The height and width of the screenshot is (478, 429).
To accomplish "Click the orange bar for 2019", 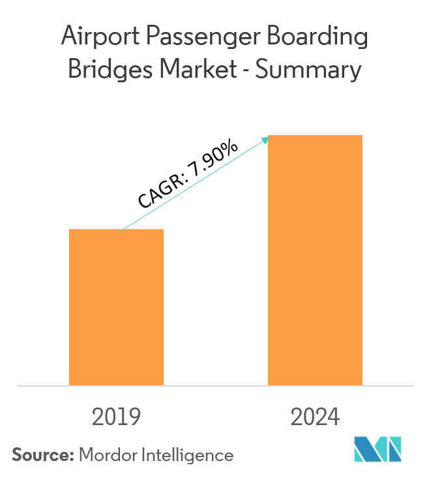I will point(116,307).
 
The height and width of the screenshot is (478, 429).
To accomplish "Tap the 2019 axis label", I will point(117,416).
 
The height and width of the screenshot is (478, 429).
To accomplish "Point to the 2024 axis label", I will point(316,416).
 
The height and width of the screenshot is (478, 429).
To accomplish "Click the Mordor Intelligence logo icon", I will point(379,449).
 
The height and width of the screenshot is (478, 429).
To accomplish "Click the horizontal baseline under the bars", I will point(215,386).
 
